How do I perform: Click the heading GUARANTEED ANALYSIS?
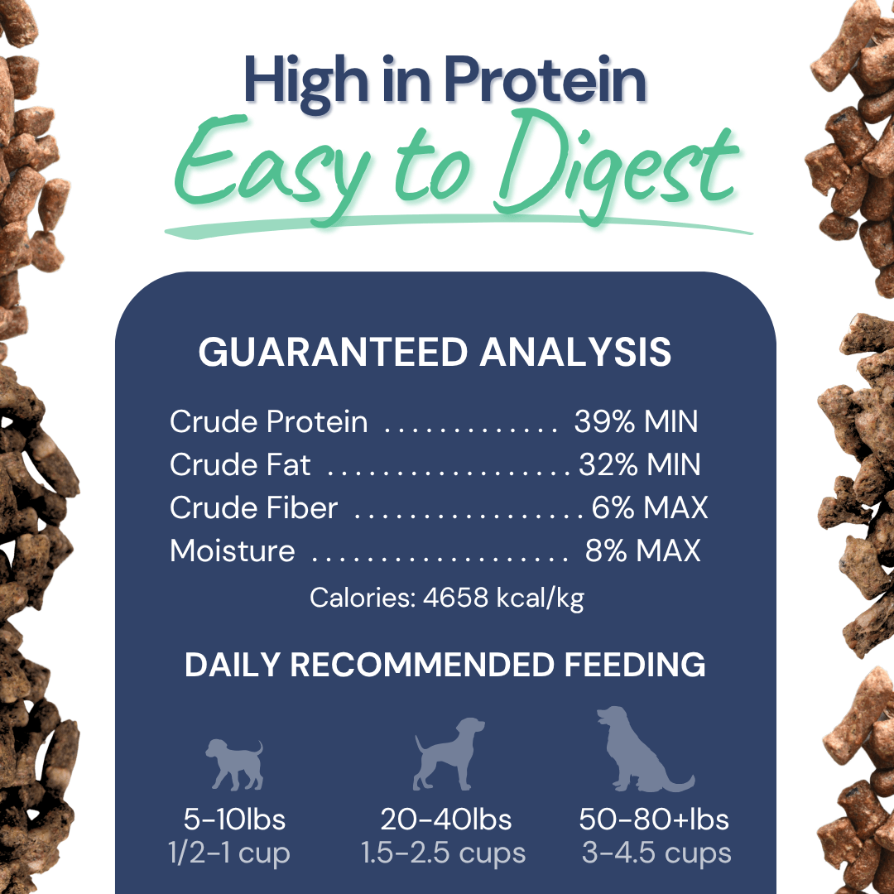click(435, 353)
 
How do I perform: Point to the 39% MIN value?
click(636, 422)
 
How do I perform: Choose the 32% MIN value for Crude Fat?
click(639, 465)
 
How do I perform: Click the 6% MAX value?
click(649, 507)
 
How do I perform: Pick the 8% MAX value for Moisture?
click(642, 550)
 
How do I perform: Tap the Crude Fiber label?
click(253, 507)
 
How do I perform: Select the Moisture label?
click(232, 550)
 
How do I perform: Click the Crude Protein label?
click(268, 422)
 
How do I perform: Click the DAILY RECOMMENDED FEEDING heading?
click(445, 666)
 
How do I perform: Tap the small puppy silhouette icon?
click(234, 763)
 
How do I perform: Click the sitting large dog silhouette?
click(641, 749)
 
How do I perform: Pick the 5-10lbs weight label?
click(234, 819)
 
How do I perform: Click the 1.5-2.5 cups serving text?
click(444, 853)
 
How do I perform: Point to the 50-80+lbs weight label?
click(654, 819)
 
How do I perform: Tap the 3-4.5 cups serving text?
click(656, 853)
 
